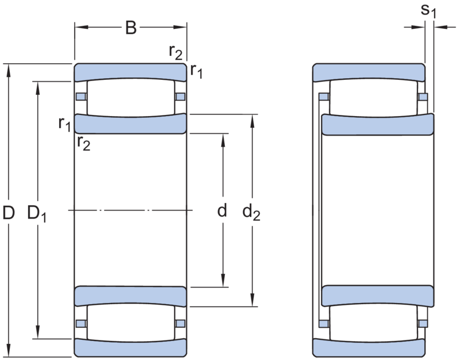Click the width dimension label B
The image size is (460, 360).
pyautogui.click(x=131, y=28)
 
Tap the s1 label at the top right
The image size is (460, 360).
pyautogui.click(x=428, y=11)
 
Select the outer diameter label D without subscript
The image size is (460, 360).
pyautogui.click(x=9, y=213)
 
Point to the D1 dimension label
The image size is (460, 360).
pyautogui.click(x=37, y=213)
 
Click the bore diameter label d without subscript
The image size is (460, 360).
pyautogui.click(x=222, y=210)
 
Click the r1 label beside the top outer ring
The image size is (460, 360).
pyautogui.click(x=196, y=71)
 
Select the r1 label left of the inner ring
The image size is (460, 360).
pyautogui.click(x=64, y=124)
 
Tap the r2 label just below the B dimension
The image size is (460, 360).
pyautogui.click(x=175, y=52)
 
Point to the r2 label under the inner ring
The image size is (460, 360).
pyautogui.click(x=84, y=144)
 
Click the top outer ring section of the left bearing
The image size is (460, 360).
pyautogui.click(x=131, y=72)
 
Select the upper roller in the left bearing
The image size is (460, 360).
pyautogui.click(x=131, y=98)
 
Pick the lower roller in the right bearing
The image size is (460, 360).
pyautogui.click(x=373, y=323)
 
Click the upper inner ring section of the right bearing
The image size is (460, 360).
pyautogui.click(x=378, y=124)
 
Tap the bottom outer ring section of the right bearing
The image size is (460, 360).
pyautogui.click(x=369, y=348)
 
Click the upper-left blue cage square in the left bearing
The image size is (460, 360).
pyautogui.click(x=81, y=97)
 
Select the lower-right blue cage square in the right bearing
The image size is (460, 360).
pyautogui.click(x=423, y=324)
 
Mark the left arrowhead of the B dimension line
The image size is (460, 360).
pyautogui.click(x=81, y=27)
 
